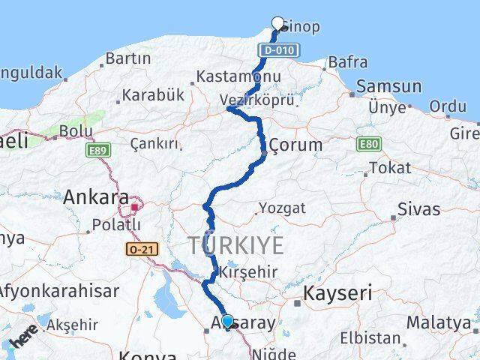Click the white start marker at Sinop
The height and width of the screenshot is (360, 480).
(278, 23)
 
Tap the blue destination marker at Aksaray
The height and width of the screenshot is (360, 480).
(227, 321)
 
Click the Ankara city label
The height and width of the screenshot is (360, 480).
(96, 197)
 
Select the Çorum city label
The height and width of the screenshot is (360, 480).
(295, 144)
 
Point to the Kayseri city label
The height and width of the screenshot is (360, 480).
(337, 292)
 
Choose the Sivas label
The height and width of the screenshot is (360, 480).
(418, 208)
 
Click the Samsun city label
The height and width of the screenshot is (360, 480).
(388, 86)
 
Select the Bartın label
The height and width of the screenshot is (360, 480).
(128, 58)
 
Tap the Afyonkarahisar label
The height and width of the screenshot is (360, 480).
(58, 290)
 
